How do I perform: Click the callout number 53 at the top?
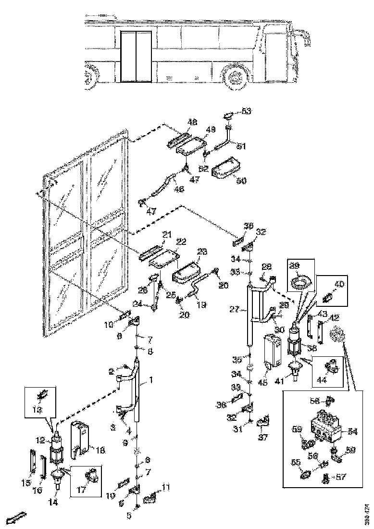click(x=247, y=112)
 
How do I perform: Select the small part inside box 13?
click(x=42, y=395)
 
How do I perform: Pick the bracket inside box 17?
click(x=88, y=477)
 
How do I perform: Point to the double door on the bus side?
click(x=136, y=56)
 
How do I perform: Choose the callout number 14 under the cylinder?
click(x=54, y=503)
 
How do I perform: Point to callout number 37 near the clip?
click(x=263, y=438)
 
